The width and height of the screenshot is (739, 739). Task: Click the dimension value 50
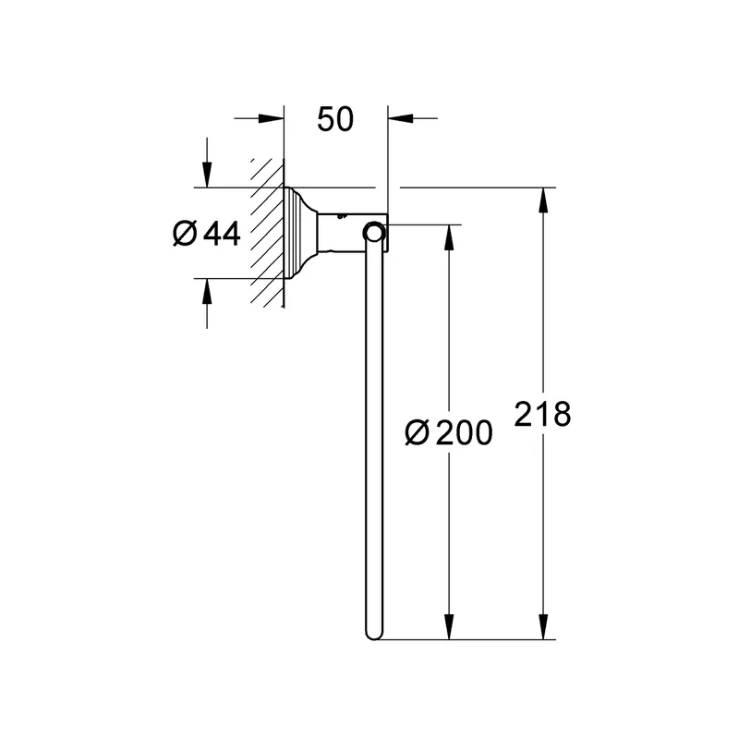(335, 119)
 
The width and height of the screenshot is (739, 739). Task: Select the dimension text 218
(542, 414)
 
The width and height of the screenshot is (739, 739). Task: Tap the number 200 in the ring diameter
(465, 432)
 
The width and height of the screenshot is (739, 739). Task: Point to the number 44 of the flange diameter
(222, 233)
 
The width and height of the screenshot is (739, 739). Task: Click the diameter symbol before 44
(184, 233)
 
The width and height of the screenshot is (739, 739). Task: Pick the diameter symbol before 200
(418, 432)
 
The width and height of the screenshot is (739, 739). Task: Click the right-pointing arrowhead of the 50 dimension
(272, 118)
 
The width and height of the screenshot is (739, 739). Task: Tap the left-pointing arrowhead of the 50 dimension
(401, 118)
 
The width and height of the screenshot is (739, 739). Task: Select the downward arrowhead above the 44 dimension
(207, 175)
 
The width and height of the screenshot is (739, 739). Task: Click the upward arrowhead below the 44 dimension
(207, 291)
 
